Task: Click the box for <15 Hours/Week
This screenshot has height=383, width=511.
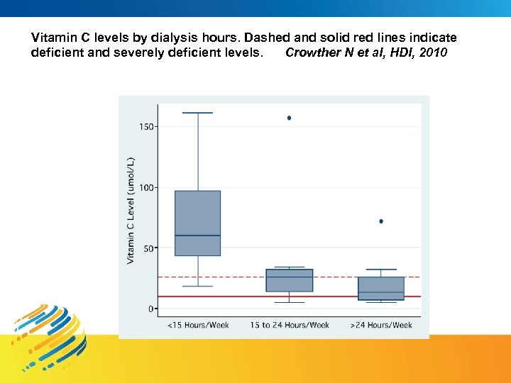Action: point(197,223)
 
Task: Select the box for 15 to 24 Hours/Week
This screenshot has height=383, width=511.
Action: point(289,280)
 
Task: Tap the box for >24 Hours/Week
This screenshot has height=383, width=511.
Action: point(381,288)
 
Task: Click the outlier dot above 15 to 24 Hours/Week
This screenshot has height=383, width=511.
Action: point(289,118)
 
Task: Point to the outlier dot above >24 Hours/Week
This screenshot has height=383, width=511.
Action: point(381,221)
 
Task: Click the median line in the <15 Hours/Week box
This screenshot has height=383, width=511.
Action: point(197,235)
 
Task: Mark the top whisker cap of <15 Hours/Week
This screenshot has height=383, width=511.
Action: point(197,113)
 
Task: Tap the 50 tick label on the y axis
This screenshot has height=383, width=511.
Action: point(148,249)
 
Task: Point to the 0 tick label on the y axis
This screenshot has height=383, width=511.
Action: point(151,309)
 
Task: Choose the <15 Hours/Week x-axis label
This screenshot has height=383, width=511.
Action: point(198,325)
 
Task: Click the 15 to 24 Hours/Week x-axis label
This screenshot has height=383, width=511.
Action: point(290,325)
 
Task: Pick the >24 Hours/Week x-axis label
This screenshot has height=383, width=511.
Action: point(381,325)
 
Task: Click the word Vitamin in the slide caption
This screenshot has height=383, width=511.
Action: point(51,37)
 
